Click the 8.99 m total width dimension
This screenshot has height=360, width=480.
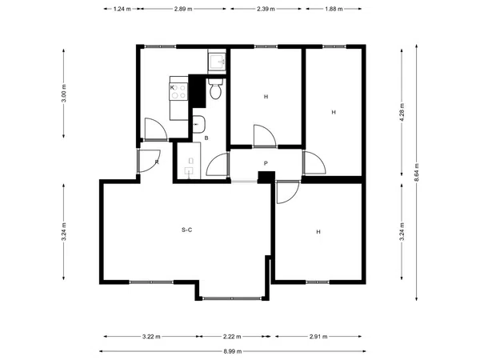tap(233, 351)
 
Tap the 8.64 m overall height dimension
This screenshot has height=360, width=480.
tap(417, 173)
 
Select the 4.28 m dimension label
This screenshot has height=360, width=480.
tap(402, 112)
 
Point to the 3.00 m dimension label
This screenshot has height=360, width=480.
tap(64, 93)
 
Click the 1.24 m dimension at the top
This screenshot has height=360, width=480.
tap(122, 9)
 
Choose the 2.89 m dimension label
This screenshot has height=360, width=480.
tap(183, 9)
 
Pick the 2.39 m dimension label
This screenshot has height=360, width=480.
tap(266, 9)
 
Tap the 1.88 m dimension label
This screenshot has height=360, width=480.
tap(334, 9)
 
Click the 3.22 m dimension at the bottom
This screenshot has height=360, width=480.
tap(151, 337)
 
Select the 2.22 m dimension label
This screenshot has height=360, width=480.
tap(232, 337)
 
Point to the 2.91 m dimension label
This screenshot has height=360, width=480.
tap(318, 337)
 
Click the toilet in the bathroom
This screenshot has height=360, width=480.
tap(216, 89)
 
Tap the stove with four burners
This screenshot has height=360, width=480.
tap(178, 91)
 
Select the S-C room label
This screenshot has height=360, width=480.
tap(186, 230)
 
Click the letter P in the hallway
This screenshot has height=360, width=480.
tap(266, 163)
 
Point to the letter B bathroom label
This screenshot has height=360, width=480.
tap(206, 138)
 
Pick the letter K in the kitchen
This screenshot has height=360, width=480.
tap(172, 87)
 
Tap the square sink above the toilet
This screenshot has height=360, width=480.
tap(217, 62)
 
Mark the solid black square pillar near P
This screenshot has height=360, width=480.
tap(266, 178)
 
